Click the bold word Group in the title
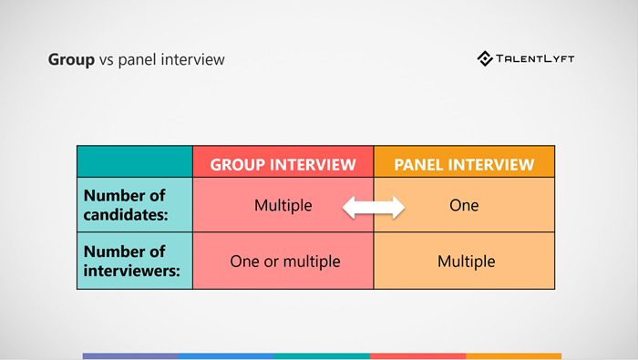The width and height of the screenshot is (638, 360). (x=70, y=60)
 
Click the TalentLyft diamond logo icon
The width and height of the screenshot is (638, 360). (x=485, y=59)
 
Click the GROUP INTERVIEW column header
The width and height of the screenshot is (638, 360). (x=283, y=164)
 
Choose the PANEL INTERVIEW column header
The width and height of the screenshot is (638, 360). (x=464, y=164)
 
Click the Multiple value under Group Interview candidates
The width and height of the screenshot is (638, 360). (x=283, y=206)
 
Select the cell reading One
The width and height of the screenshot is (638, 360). (x=464, y=206)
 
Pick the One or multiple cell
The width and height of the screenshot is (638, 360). (x=283, y=262)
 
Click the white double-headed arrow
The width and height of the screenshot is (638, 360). (x=373, y=208)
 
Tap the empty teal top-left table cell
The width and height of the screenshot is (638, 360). (x=134, y=161)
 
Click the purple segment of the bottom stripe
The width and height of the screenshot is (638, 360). (x=130, y=355)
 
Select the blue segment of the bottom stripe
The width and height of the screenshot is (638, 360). (x=226, y=355)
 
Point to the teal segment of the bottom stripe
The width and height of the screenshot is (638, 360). (x=322, y=355)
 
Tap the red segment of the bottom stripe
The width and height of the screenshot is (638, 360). (x=417, y=355)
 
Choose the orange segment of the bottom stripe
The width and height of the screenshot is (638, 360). (x=513, y=355)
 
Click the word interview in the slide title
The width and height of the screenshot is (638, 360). (x=190, y=60)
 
